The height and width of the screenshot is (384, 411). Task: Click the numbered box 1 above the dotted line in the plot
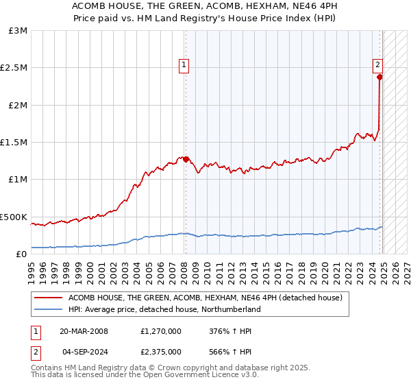click(184, 66)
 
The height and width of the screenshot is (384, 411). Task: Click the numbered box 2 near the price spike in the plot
click(377, 66)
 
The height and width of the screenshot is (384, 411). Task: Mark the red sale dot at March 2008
click(186, 159)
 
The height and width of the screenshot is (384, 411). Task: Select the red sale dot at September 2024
click(379, 77)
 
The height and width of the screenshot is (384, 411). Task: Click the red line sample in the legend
click(49, 298)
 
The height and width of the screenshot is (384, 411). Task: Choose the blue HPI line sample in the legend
click(49, 309)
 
